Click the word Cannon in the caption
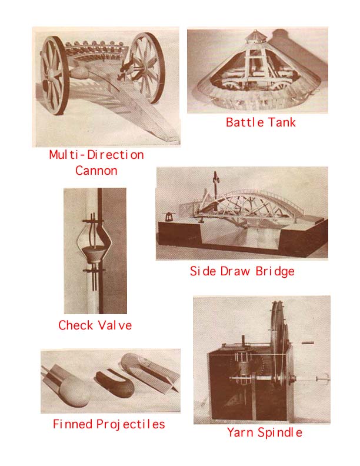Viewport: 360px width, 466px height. (96, 171)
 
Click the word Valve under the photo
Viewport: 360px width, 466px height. (115, 325)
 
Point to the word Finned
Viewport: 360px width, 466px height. (72, 424)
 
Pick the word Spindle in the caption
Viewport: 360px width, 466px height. (280, 432)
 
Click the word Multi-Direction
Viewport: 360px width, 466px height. (96, 155)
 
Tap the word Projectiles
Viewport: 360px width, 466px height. (131, 424)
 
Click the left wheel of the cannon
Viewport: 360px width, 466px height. (54, 75)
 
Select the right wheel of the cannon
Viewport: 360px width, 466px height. (146, 68)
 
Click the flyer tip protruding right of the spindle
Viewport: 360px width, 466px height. (323, 379)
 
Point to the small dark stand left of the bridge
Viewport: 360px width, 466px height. (169, 217)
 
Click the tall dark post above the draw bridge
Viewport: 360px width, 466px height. (216, 181)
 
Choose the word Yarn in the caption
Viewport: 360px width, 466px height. (241, 432)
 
